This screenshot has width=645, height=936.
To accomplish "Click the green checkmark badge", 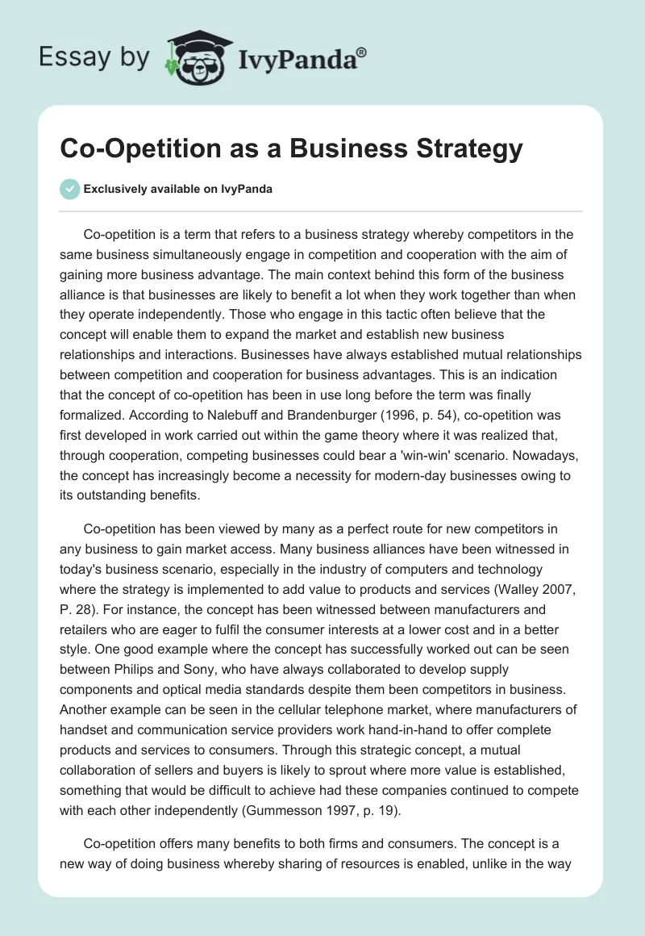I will tap(69, 190).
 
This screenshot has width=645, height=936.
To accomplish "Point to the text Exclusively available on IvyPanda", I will tap(178, 190).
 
